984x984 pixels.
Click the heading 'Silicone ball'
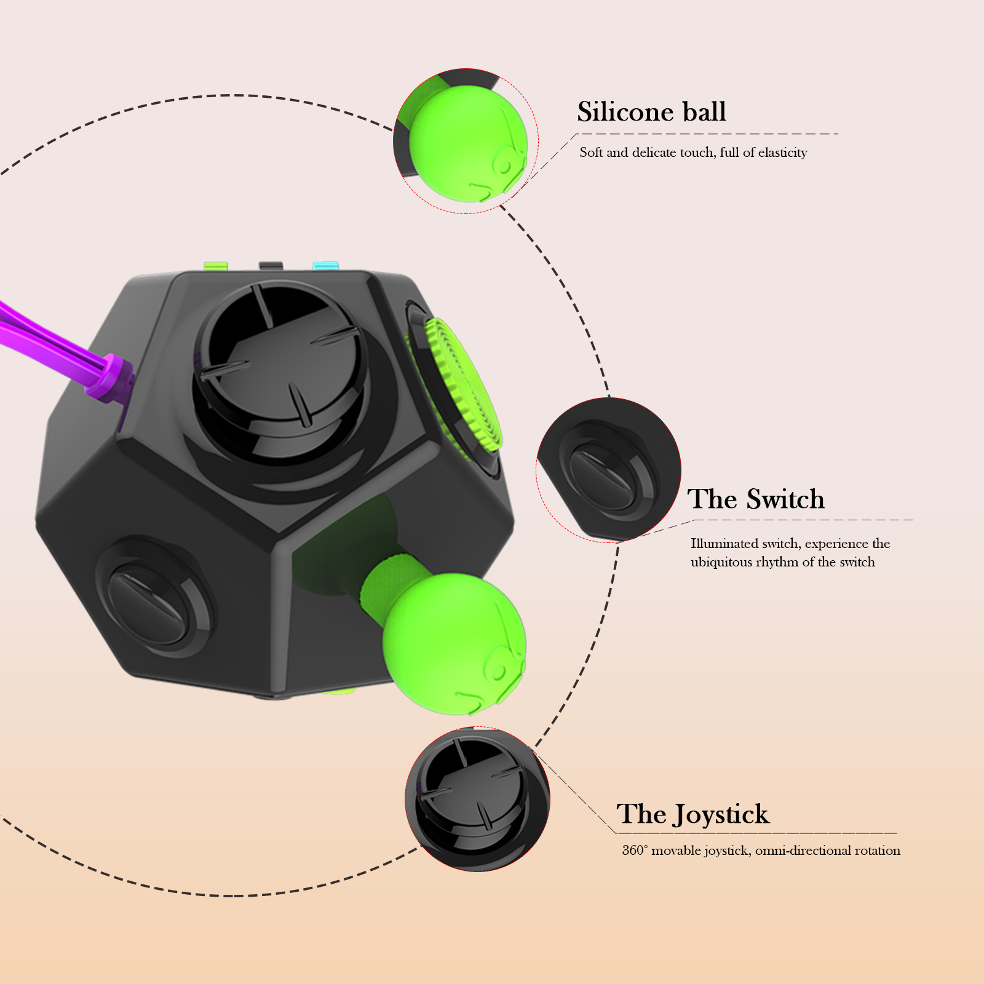pos(651,112)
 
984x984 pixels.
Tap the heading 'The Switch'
pos(755,499)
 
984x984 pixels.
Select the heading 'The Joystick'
pos(692,814)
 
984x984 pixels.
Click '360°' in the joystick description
pos(635,851)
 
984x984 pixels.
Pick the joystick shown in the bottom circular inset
pos(474,796)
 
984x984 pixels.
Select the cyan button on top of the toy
pos(325,266)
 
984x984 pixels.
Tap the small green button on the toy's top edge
pos(216,266)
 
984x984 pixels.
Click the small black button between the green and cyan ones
pos(271,266)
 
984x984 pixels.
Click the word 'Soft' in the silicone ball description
pos(591,153)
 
